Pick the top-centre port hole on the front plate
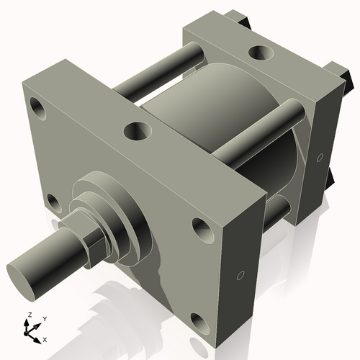[x=138, y=130]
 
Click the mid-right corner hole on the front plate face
[x=201, y=228]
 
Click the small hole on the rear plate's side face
[x=319, y=156]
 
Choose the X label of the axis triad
[x=45, y=338]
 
